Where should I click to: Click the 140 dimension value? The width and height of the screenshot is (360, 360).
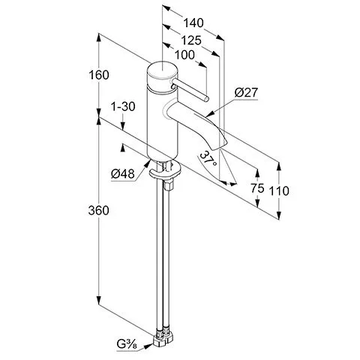(193, 23)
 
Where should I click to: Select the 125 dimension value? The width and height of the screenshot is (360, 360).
(191, 40)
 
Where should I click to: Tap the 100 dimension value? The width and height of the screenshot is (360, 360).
(184, 55)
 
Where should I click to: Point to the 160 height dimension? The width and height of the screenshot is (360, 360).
(99, 75)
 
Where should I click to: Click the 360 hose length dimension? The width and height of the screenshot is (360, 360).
(99, 211)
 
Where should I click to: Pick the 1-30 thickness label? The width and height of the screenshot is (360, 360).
(123, 106)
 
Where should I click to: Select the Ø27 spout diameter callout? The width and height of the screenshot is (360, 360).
(246, 93)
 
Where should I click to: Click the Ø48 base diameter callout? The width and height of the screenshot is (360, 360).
(123, 174)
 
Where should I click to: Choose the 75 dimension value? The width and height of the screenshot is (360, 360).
(257, 188)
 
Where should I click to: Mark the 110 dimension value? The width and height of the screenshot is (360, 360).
(279, 191)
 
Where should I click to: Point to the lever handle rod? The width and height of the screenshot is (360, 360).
(190, 89)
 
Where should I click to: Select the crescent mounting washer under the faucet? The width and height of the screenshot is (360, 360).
(164, 172)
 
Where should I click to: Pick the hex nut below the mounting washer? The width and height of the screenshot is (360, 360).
(167, 186)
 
